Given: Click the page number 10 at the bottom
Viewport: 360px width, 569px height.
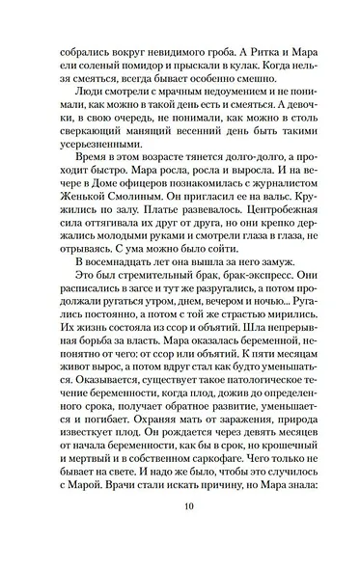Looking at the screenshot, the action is point(180,528).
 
